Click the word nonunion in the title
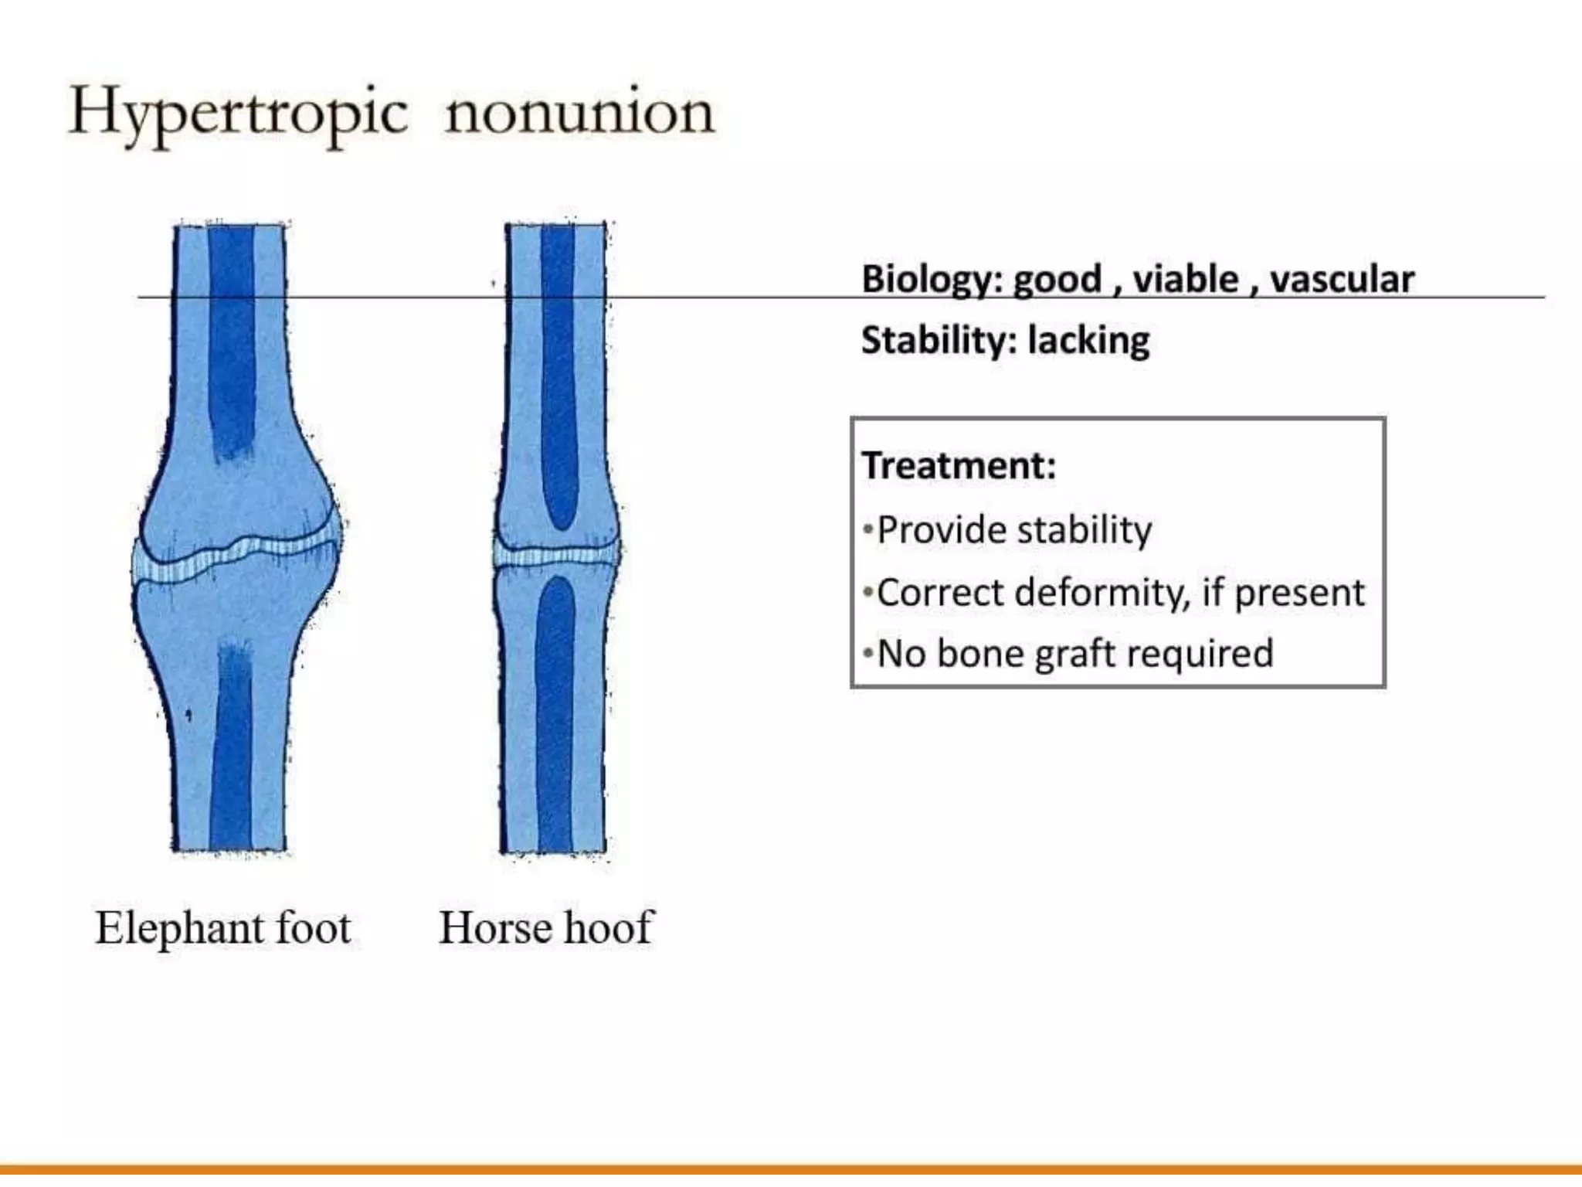(580, 113)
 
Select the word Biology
(931, 280)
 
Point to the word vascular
(1342, 280)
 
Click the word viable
(1185, 280)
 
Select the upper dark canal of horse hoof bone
(558, 371)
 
